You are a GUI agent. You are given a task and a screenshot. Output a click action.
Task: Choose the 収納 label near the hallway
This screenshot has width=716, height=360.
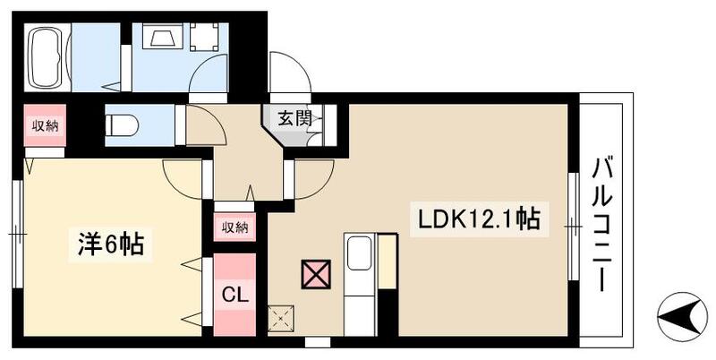click(x=234, y=227)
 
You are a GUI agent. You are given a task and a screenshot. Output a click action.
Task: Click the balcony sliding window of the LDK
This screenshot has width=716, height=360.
click(x=572, y=228)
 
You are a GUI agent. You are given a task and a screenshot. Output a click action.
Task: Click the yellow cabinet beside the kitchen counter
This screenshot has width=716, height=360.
click(x=387, y=261)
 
